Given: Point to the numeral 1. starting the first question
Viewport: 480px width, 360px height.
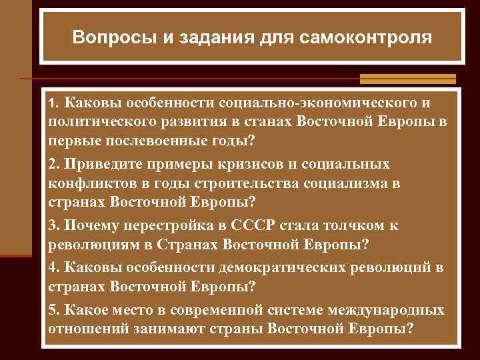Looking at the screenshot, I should click(x=55, y=105).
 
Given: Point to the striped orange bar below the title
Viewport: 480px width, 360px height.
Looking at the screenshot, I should click(x=407, y=79).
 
